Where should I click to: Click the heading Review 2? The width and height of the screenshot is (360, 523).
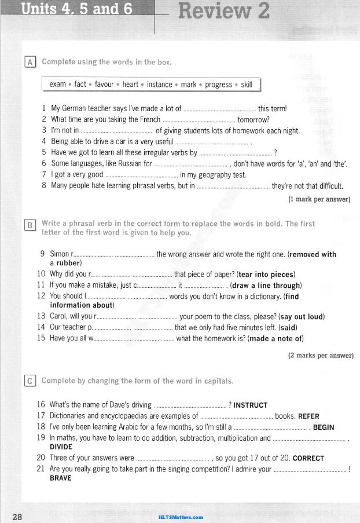coord(224,12)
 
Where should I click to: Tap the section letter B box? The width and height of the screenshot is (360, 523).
coord(30,226)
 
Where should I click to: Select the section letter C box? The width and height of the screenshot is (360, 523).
coord(30,381)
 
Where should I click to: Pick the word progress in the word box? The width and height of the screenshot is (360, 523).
coord(218,85)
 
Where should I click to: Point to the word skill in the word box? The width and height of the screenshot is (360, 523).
coord(247,85)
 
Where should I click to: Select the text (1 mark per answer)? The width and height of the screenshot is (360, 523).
coord(319,199)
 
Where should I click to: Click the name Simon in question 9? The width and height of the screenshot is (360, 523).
coord(60,254)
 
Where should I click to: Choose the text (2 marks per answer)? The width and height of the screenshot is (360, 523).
coord(320,355)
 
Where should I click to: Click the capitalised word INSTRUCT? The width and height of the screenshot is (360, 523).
coord(251,405)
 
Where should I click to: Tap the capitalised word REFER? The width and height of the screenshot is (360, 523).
coord(308,416)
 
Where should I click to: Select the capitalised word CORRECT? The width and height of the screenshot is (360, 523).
coord(308,459)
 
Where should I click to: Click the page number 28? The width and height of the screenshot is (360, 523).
coord(17,517)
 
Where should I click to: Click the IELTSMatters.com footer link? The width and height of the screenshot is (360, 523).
coord(180,517)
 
